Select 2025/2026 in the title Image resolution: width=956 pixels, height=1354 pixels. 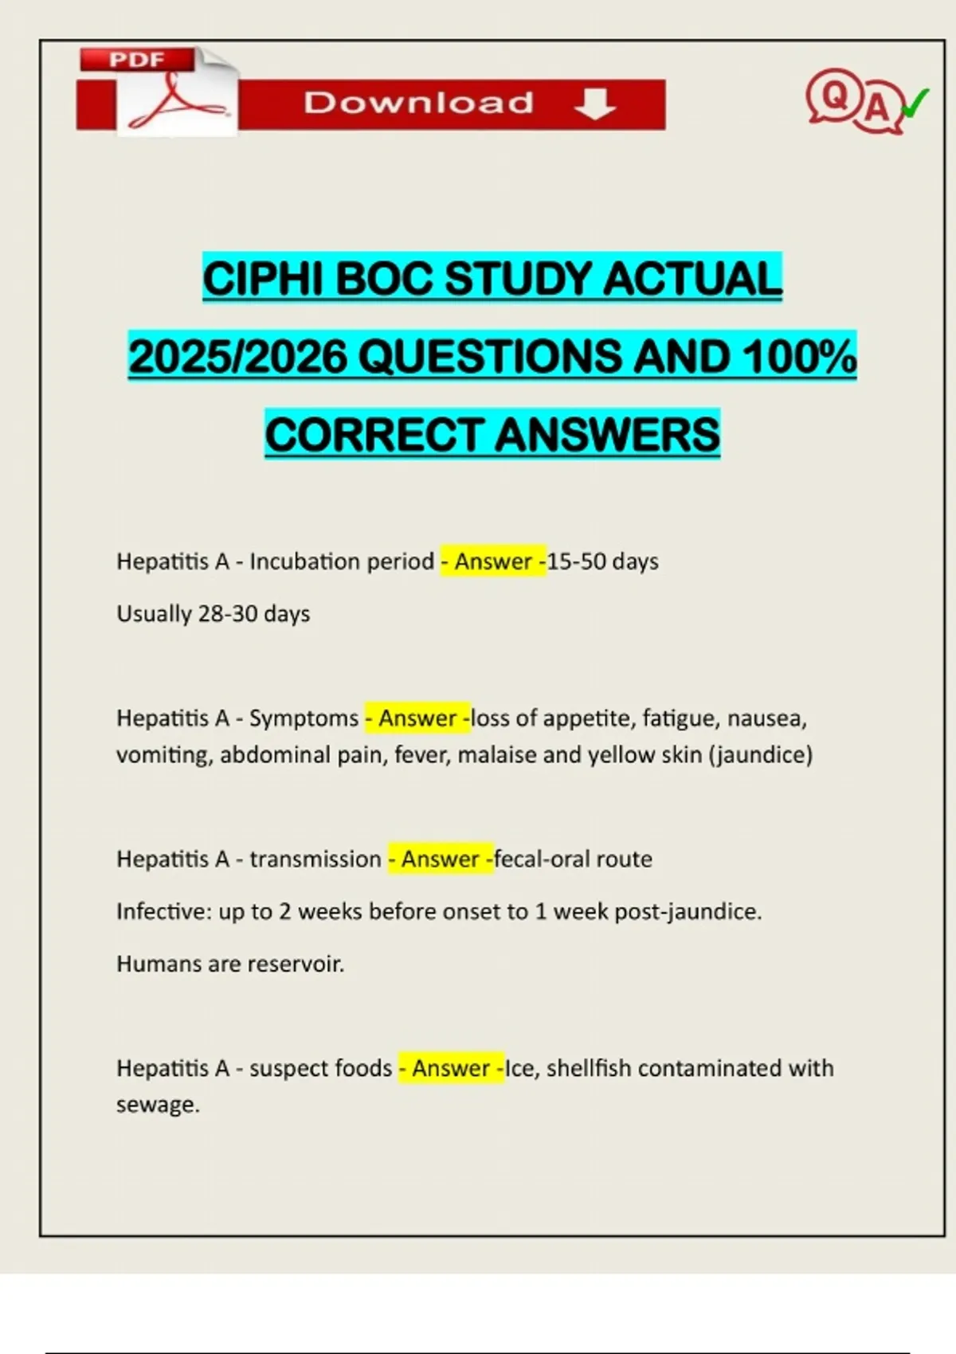pyautogui.click(x=238, y=356)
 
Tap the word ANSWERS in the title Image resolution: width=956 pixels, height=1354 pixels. pyautogui.click(x=607, y=435)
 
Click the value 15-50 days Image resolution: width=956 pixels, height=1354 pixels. pyautogui.click(x=603, y=562)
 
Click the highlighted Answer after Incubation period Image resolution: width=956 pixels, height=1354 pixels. pyautogui.click(x=493, y=562)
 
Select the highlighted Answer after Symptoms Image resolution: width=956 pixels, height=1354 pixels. pyautogui.click(x=417, y=718)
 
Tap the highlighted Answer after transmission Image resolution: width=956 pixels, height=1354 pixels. pyautogui.click(x=441, y=859)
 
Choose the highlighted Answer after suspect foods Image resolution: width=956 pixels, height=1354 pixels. pyautogui.click(x=451, y=1068)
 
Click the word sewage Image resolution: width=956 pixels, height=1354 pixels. pyautogui.click(x=156, y=1105)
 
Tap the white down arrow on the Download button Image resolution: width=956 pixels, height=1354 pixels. pyautogui.click(x=594, y=104)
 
